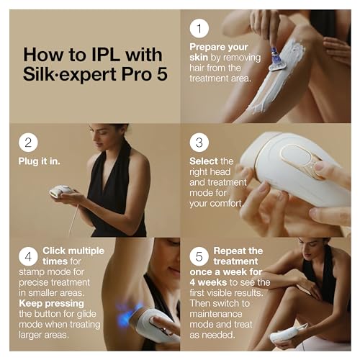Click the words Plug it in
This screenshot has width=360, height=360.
38,161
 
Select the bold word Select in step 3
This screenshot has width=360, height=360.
202,161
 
